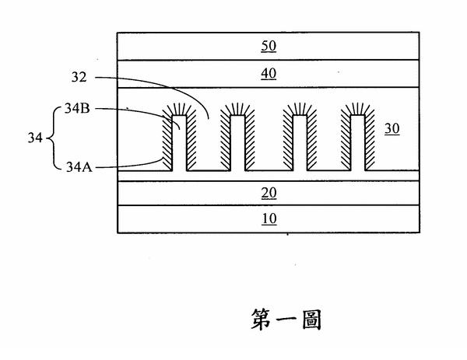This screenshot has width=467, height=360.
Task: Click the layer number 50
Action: click(x=269, y=46)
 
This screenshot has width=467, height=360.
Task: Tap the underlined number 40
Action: click(x=269, y=74)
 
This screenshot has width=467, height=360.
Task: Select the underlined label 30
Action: click(x=392, y=128)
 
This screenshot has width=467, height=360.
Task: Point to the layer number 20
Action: click(x=269, y=193)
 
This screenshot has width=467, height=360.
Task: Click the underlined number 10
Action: click(x=269, y=218)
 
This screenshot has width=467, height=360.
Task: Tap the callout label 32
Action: click(x=79, y=77)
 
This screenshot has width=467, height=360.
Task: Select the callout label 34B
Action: click(x=77, y=109)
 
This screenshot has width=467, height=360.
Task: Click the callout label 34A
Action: click(x=79, y=167)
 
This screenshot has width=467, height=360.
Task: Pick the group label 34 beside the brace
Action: click(x=35, y=138)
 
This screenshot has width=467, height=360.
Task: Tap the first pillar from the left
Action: click(x=179, y=143)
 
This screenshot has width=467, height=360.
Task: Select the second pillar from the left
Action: click(x=237, y=143)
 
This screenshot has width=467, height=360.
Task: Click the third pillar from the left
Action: click(x=300, y=143)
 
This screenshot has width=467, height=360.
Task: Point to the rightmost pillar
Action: click(x=358, y=143)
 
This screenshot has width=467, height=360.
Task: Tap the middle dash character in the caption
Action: click(x=286, y=320)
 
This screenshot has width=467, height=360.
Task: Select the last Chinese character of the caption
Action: click(x=311, y=320)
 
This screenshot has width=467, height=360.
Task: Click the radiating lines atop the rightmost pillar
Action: click(x=357, y=109)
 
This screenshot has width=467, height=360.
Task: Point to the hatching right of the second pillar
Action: click(x=250, y=140)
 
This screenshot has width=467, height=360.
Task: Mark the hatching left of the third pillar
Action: click(x=287, y=140)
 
